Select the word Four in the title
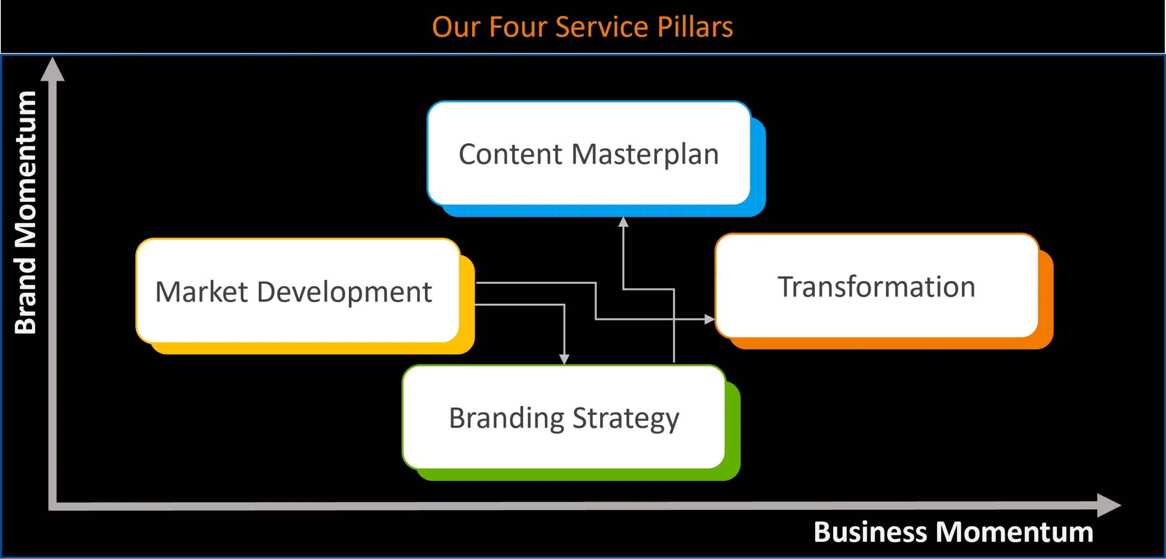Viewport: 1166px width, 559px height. click(x=517, y=27)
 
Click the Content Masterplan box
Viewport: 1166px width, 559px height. click(x=589, y=153)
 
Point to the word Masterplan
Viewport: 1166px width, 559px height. click(x=645, y=155)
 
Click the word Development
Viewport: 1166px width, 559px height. click(x=344, y=292)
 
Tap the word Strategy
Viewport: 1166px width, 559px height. click(x=626, y=419)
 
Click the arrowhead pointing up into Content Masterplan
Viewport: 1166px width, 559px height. click(x=623, y=222)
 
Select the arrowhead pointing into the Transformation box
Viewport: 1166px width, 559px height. click(x=710, y=319)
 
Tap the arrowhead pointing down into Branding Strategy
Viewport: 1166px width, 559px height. click(x=564, y=359)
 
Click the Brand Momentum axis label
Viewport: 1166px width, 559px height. click(x=26, y=212)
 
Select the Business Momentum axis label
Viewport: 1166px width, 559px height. click(x=953, y=532)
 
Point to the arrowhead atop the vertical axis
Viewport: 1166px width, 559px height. click(x=52, y=69)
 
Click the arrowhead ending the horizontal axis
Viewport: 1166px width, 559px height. click(x=1109, y=505)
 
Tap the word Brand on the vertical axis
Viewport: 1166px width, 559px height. click(x=26, y=296)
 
